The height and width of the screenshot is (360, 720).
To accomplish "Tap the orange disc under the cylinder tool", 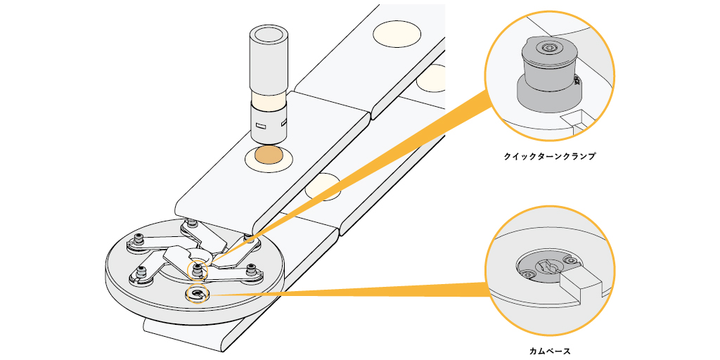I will [270, 157].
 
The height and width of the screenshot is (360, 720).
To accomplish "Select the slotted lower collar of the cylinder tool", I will [269, 122].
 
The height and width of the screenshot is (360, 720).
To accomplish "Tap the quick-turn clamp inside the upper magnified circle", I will [547, 74].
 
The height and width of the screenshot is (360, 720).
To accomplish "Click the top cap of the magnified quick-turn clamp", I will [547, 49].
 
